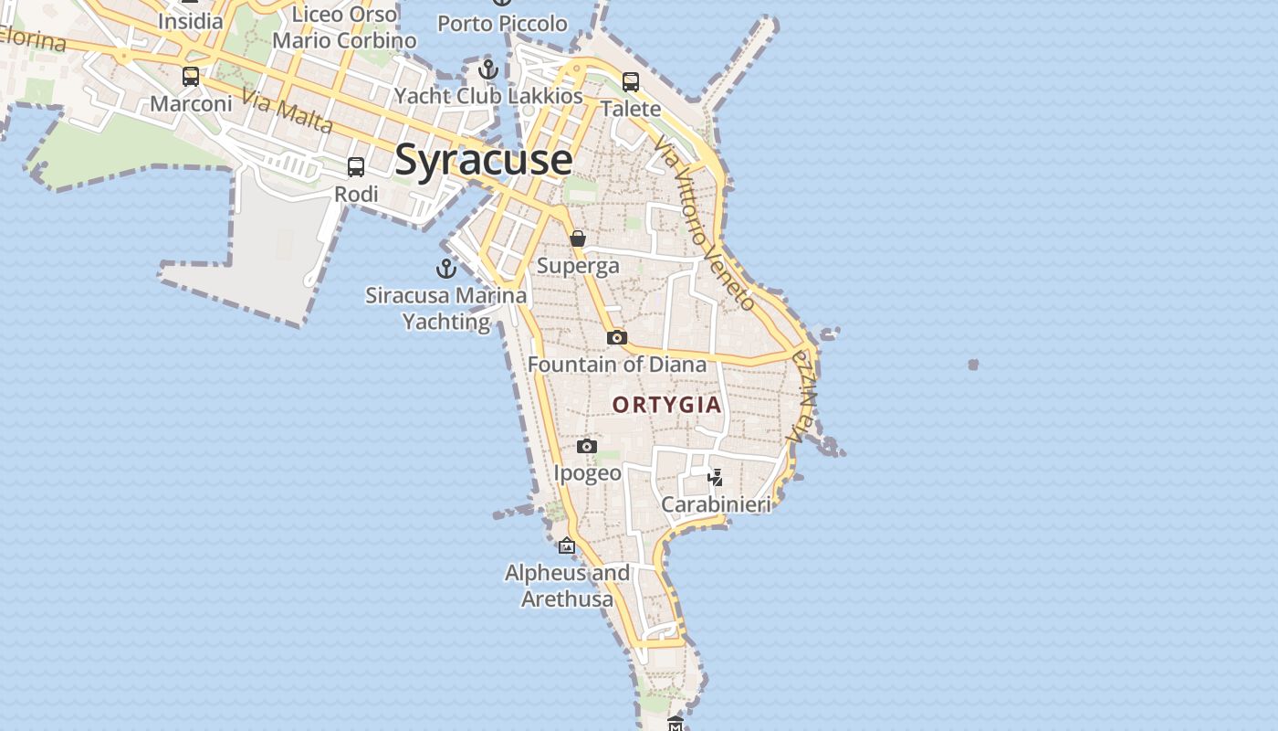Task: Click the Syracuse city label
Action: tap(483, 160)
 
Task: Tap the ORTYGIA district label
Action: tap(666, 405)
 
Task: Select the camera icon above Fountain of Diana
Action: tap(617, 338)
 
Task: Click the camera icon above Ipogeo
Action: tap(587, 447)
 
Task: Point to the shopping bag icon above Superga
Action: tap(578, 238)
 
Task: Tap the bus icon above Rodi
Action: tap(356, 167)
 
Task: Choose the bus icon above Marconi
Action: tap(191, 77)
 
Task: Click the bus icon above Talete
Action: tap(631, 82)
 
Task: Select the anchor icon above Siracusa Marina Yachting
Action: tap(445, 269)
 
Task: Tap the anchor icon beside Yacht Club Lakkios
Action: tap(488, 69)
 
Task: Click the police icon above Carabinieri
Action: tap(716, 478)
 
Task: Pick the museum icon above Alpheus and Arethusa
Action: tap(567, 546)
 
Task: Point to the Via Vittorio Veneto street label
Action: tap(706, 224)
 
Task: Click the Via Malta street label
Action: tap(287, 111)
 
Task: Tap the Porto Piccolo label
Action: tap(502, 24)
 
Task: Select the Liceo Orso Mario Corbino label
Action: tap(344, 27)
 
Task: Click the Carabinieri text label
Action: tap(716, 504)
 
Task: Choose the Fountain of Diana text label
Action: tap(617, 365)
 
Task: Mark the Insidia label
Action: tap(190, 21)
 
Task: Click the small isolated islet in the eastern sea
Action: tap(973, 365)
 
